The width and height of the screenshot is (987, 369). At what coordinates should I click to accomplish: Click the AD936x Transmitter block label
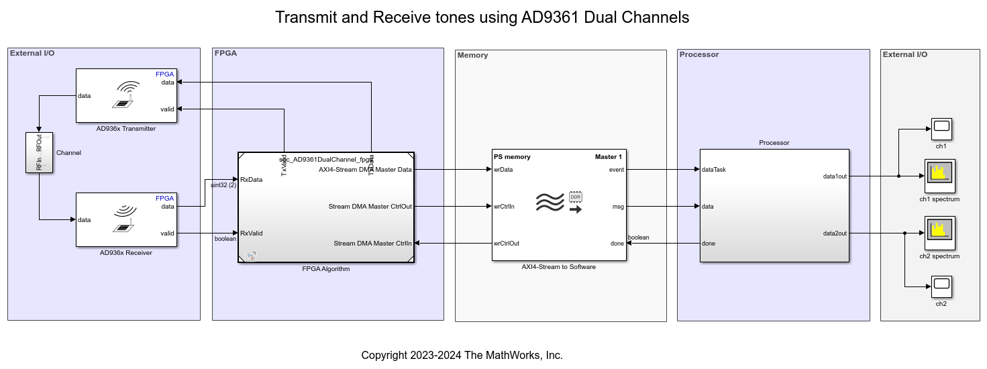click(x=126, y=129)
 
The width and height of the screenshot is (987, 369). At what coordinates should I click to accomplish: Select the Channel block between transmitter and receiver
click(x=39, y=152)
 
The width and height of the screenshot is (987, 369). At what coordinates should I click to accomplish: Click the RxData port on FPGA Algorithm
click(x=252, y=179)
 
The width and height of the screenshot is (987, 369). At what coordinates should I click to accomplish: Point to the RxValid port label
click(x=252, y=233)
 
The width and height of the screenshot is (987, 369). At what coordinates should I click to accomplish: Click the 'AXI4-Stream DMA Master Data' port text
click(x=365, y=170)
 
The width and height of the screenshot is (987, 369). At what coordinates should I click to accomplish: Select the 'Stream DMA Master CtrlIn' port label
click(x=372, y=244)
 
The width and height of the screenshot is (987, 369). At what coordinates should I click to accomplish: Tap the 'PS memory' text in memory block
click(x=512, y=157)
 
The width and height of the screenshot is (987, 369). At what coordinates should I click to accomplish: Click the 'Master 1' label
click(x=609, y=157)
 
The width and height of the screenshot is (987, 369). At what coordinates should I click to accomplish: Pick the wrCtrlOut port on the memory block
click(x=507, y=244)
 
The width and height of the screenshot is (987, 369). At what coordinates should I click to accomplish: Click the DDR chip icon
click(x=575, y=197)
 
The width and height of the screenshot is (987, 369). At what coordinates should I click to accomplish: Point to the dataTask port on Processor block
click(x=714, y=170)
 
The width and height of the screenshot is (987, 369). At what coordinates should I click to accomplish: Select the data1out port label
click(x=835, y=176)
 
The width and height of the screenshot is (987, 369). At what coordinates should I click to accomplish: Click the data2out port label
click(x=835, y=233)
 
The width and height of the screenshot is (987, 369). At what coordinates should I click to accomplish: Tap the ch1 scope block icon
click(x=941, y=126)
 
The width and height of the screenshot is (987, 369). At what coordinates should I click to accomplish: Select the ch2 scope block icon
click(x=941, y=286)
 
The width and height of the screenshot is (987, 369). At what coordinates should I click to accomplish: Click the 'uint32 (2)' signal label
click(x=223, y=185)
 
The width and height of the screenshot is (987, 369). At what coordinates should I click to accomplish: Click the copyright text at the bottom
click(x=462, y=356)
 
